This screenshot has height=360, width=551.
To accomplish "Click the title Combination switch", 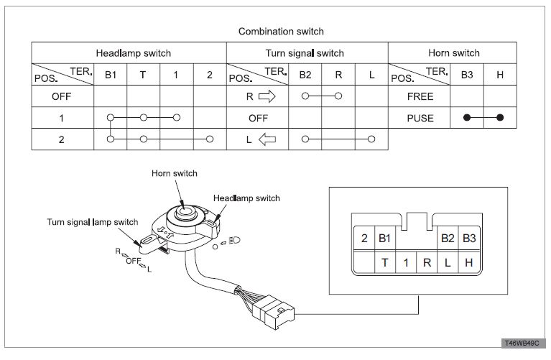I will coord(281,32).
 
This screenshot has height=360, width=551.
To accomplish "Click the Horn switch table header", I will coord(453,53).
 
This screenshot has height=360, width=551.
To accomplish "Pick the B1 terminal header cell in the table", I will coord(110,74).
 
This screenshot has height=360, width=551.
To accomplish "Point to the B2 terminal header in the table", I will coord(306,74).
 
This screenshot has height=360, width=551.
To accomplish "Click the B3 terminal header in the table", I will coord(467,74).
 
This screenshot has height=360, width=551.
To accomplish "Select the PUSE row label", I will coord(420,118).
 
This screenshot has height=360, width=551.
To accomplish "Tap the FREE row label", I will coord(420,96).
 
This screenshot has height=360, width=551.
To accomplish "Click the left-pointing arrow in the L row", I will coord(267,139).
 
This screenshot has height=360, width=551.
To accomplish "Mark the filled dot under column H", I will coord(500,118).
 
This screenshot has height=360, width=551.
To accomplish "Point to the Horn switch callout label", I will coord(174,173).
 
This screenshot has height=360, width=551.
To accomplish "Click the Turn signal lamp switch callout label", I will coord(93,223).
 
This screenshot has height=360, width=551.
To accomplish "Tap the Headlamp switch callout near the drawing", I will coord(246,198).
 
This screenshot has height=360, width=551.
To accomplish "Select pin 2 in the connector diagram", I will coord(364,238).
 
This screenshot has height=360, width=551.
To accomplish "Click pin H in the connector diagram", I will coord(468,262).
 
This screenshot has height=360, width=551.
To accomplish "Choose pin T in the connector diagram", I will coord(385,262).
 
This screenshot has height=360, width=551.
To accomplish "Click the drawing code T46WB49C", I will coord(523,344).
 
